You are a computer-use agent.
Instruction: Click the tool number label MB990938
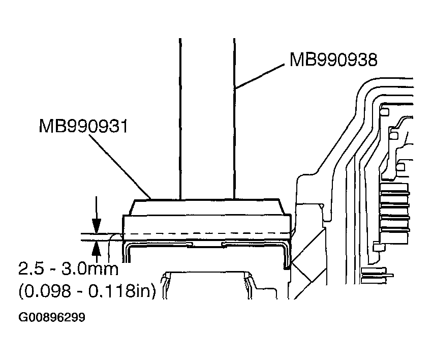pyautogui.click(x=333, y=59)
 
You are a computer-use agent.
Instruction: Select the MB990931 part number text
pyautogui.click(x=83, y=125)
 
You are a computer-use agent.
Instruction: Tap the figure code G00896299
pyautogui.click(x=52, y=318)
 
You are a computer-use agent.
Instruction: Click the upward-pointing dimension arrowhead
pyautogui.click(x=96, y=248)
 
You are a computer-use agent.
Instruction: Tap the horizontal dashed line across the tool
pyautogui.click(x=203, y=234)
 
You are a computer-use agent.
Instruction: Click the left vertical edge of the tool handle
pyautogui.click(x=180, y=117)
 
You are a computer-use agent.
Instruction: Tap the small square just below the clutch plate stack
pyautogui.click(x=377, y=247)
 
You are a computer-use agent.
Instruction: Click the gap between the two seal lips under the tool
pyautogui.click(x=207, y=245)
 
